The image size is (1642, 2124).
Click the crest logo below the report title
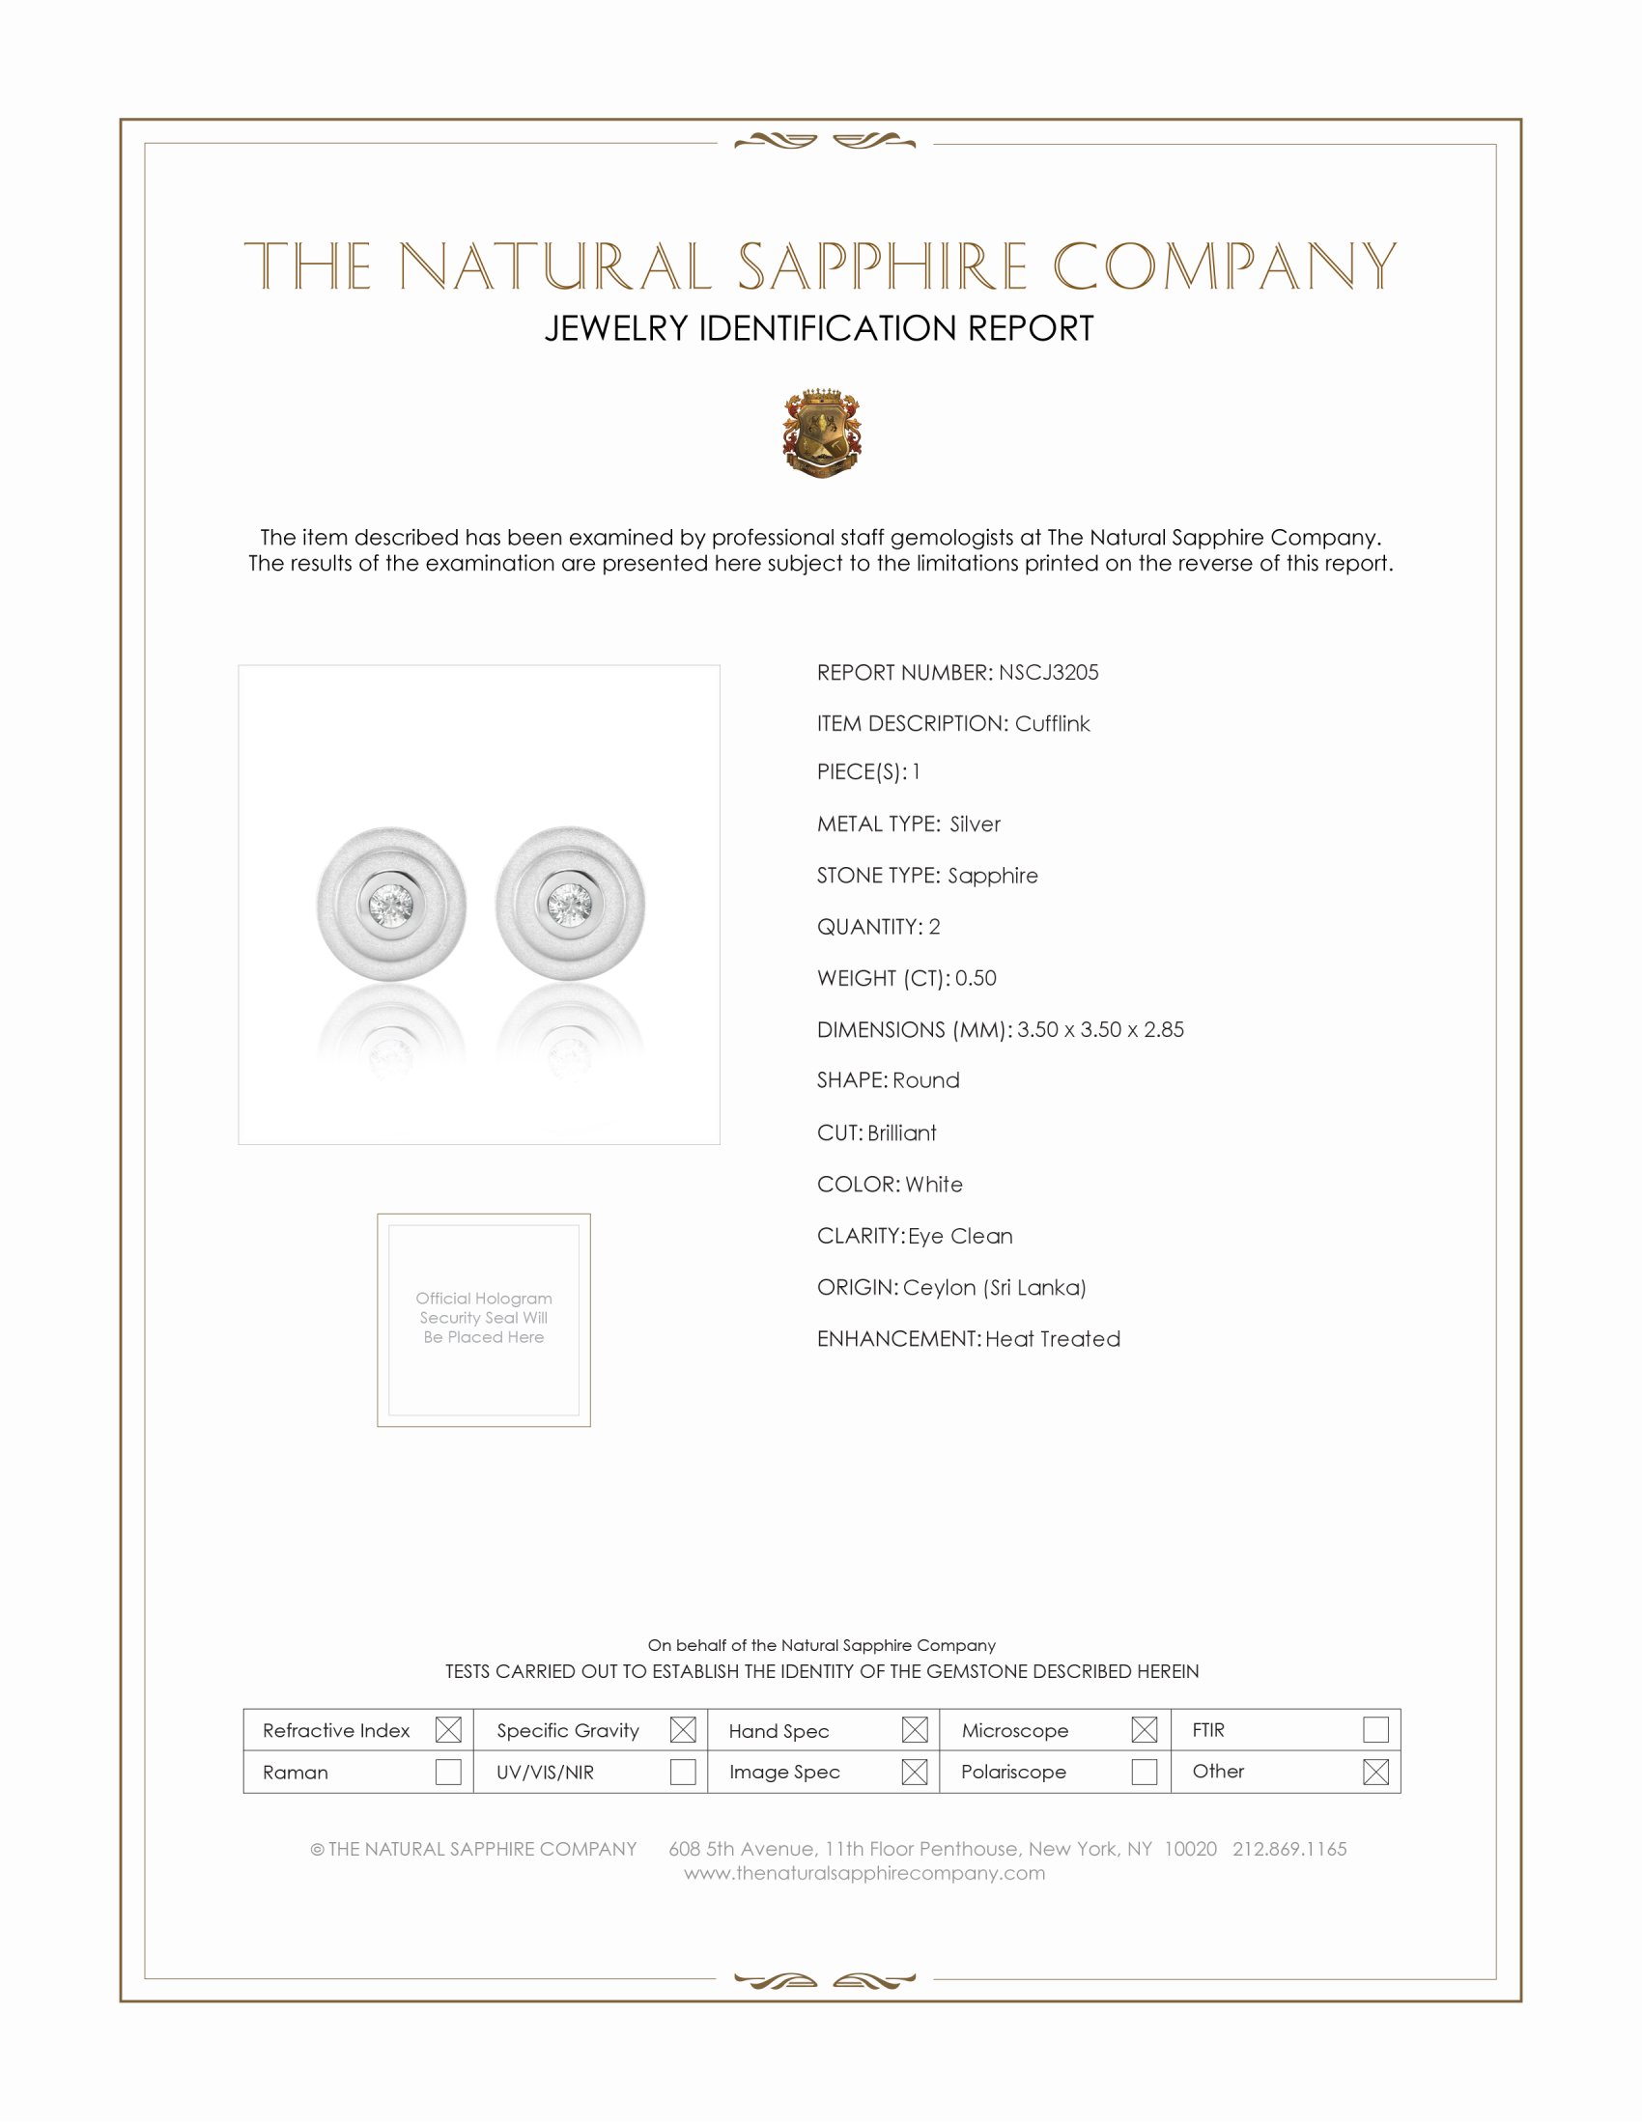822,433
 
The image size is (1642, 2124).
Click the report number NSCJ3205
1048,672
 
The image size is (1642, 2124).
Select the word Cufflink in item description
1052,723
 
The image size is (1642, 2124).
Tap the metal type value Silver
975,824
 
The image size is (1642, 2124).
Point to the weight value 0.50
976,978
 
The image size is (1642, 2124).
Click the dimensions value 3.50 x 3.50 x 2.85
1100,1030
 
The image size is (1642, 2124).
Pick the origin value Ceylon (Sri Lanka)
994,1288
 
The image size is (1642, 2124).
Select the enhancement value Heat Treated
1053,1339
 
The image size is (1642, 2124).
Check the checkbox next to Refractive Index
448,1730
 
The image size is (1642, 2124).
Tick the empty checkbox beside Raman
448,1772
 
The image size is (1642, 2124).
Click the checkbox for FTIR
1375,1730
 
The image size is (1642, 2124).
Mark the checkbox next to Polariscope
1145,1772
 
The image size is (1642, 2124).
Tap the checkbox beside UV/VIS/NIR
683,1772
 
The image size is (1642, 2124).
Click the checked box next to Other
1375,1772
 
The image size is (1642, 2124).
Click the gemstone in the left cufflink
391,906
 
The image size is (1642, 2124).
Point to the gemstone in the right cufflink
570,906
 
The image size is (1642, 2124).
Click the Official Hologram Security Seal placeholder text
484,1318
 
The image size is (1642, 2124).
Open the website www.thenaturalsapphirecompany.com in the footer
863,1873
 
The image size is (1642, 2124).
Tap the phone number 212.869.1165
1288,1849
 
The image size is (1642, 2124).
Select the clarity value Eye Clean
960,1236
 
